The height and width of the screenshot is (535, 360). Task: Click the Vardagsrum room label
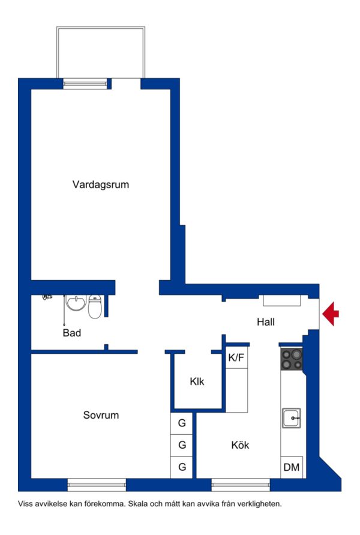[x=101, y=185]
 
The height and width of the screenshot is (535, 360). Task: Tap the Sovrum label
[x=101, y=415]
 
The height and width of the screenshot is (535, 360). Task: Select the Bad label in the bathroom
[x=71, y=333]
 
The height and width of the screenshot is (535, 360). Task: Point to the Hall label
[x=265, y=321]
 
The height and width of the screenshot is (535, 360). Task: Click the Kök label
[x=240, y=445]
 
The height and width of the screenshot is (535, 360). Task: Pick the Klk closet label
[x=197, y=381]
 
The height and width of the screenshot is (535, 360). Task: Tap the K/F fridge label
[x=236, y=357]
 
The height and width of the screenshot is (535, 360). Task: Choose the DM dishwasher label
[x=292, y=467]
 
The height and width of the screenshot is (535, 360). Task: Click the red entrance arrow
[x=331, y=314]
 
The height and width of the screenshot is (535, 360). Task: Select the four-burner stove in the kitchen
[x=292, y=359]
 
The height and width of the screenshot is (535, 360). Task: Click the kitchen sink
[x=292, y=418]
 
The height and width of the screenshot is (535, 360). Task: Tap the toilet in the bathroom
[x=95, y=306]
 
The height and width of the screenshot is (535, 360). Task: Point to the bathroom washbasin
[x=76, y=303]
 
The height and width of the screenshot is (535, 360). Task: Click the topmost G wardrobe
[x=182, y=423]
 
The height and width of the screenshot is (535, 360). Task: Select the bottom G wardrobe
[x=182, y=467]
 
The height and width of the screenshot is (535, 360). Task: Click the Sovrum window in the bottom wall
[x=97, y=485]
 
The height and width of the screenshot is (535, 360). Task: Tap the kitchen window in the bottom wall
[x=241, y=485]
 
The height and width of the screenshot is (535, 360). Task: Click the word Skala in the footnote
[x=137, y=504]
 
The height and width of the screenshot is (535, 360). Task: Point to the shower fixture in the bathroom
[x=47, y=297]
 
